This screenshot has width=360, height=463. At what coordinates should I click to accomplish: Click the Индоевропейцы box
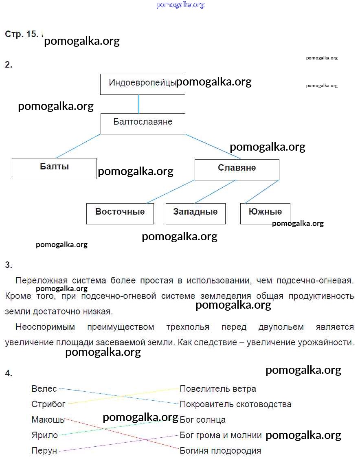(x=143, y=84)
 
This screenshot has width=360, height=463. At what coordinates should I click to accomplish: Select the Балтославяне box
(x=143, y=123)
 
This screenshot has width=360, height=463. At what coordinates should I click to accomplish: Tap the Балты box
(x=54, y=168)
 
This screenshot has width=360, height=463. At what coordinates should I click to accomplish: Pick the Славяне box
(x=237, y=169)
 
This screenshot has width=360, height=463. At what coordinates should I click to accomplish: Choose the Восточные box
(x=120, y=214)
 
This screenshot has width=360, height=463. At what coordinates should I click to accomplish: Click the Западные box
(x=195, y=214)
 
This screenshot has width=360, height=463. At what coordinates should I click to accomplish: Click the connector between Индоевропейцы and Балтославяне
(x=139, y=104)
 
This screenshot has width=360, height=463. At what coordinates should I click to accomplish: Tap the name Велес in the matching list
(x=44, y=389)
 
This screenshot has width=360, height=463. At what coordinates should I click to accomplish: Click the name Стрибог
(x=48, y=404)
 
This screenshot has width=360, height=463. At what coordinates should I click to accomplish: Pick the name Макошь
(x=48, y=419)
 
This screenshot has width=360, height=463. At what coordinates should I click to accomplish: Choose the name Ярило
(x=44, y=435)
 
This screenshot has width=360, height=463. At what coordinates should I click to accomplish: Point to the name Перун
(x=44, y=451)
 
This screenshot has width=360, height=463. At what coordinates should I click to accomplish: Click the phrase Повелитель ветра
(x=218, y=389)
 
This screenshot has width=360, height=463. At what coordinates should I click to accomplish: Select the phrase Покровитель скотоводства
(x=235, y=404)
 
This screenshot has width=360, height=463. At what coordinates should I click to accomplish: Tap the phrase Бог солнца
(x=202, y=419)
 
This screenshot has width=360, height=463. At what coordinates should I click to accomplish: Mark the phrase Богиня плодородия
(x=220, y=451)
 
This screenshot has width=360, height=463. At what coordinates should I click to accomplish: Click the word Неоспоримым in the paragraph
(x=45, y=327)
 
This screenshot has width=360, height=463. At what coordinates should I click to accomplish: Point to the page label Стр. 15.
(x=21, y=34)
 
